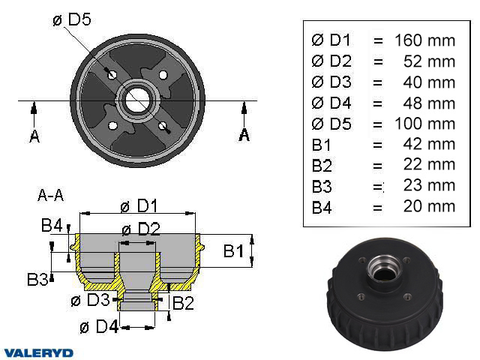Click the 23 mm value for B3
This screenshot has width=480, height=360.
[431, 185]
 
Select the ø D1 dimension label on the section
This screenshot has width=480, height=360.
[139, 205]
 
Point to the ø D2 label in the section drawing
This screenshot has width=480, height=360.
[140, 229]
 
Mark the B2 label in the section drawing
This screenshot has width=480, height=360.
[184, 303]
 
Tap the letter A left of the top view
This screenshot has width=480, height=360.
[34, 135]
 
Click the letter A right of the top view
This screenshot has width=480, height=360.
[244, 134]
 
